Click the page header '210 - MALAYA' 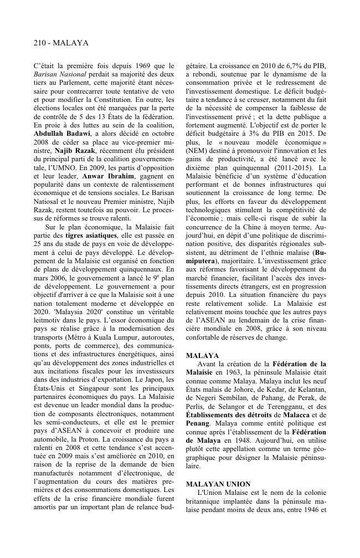[61, 43]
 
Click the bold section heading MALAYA [202, 355]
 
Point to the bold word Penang [198, 422]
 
